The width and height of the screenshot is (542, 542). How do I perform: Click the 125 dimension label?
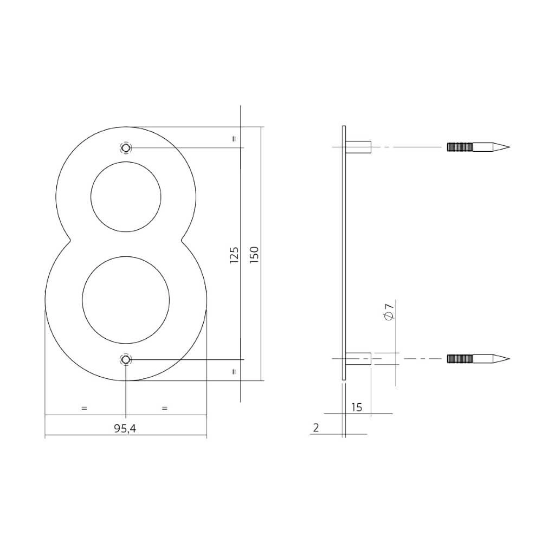pos(234,255)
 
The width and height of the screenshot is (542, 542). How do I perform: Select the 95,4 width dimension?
pos(125,428)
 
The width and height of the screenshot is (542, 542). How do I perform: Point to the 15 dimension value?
pos(357,407)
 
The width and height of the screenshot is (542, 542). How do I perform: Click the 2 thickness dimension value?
pos(315,428)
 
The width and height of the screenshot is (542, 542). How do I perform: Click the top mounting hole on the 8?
pos(126,148)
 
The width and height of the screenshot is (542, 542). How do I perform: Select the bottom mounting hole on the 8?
pos(126,360)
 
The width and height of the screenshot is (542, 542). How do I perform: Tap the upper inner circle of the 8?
pos(126,197)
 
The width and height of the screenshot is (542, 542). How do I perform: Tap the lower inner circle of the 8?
pos(126,300)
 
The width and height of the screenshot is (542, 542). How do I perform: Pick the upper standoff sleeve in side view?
pos(359,147)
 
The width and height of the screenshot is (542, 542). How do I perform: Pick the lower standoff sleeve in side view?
pos(359,359)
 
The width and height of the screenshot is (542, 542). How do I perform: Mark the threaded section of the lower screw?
pos(460,359)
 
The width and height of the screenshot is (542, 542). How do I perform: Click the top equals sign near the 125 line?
pos(234,138)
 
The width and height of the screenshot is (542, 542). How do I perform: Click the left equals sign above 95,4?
pos(84,408)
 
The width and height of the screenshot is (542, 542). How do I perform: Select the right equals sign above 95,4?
pos(165,408)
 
